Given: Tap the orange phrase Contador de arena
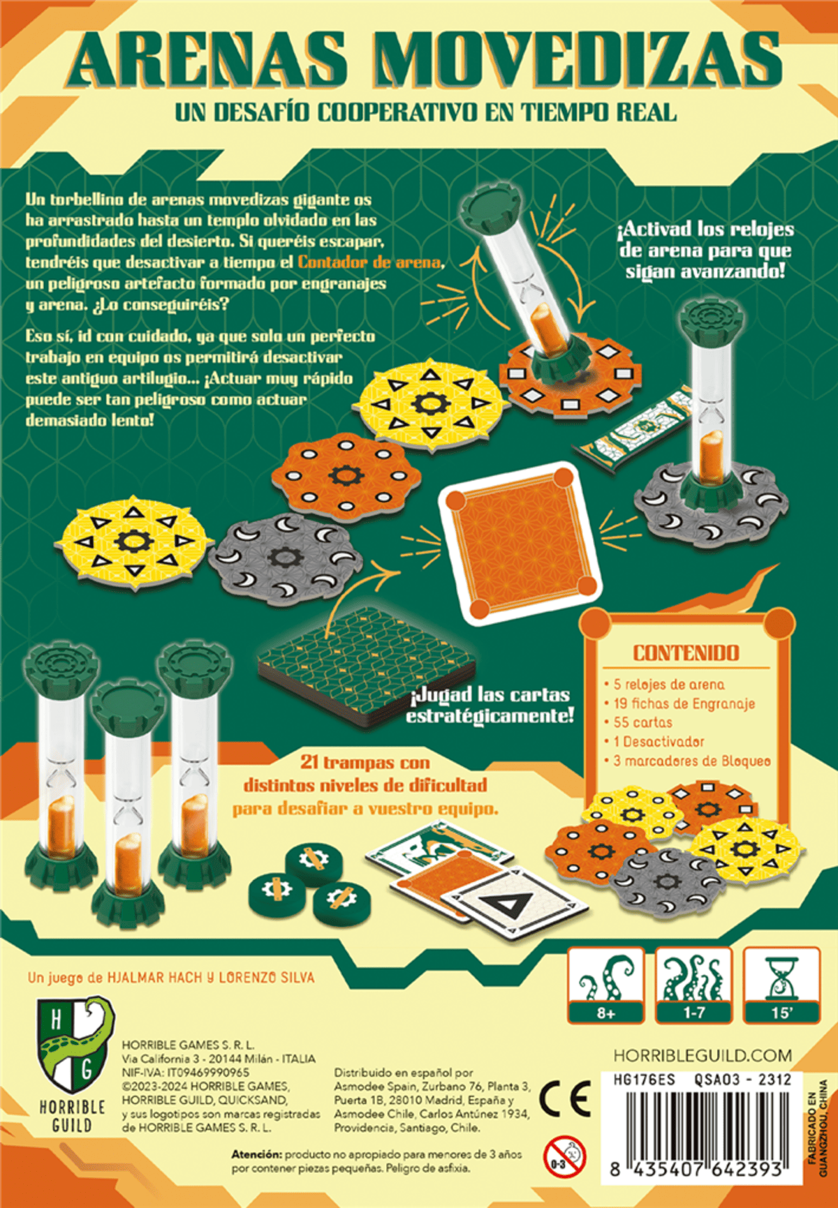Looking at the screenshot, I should [370, 262].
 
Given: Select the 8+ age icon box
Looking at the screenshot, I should [605, 985].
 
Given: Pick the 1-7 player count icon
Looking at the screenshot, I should [693, 985].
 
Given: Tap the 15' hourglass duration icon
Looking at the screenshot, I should [781, 985].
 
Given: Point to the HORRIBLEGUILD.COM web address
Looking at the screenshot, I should [703, 1055].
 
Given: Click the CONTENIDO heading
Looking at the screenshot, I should [685, 653].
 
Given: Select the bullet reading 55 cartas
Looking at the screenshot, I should [642, 722].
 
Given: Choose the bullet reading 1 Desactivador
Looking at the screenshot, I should [659, 742].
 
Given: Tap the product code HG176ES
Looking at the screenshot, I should [644, 1080].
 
